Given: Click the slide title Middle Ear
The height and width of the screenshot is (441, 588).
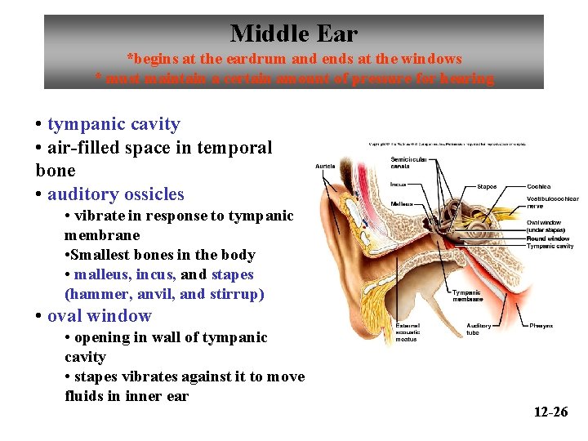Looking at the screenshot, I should [293, 33].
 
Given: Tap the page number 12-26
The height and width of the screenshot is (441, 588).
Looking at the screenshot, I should [550, 412].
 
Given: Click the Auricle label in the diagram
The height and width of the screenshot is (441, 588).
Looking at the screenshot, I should [325, 167].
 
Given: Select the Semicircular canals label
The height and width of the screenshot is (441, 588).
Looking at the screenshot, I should [408, 162].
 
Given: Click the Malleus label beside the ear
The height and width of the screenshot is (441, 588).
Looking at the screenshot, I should [402, 203].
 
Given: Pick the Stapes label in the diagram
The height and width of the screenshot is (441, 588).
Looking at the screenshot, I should [487, 186].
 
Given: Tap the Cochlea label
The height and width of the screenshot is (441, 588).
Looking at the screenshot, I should [539, 186].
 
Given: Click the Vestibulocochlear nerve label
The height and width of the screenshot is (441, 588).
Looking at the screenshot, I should [553, 202].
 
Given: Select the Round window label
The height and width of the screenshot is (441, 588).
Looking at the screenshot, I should [548, 238].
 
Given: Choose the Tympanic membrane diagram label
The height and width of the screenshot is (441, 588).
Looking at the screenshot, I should [468, 295].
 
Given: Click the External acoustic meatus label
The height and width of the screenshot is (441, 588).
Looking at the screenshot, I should [408, 332].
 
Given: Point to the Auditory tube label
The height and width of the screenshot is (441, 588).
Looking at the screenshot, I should [479, 328].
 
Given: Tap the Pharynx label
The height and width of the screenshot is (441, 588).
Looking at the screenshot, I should [541, 325].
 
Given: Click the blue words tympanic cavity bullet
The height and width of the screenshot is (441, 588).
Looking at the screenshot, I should [114, 124].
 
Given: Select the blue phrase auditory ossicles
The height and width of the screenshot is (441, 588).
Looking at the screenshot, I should [116, 194].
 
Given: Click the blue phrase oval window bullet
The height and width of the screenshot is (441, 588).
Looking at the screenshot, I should [100, 316].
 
